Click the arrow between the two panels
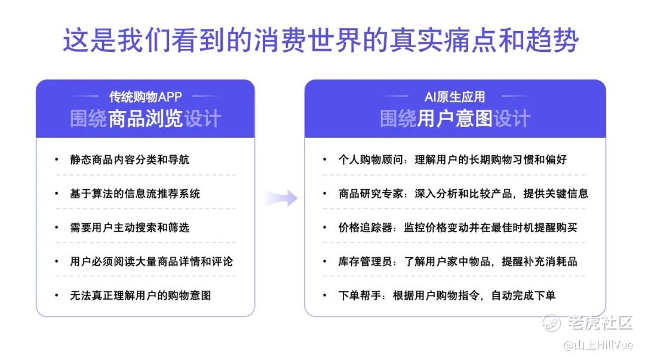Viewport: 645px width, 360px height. tap(281, 198)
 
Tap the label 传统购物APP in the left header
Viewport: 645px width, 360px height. tap(145, 97)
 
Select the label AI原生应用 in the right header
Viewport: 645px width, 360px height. tap(455, 97)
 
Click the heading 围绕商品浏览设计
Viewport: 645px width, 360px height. tap(146, 118)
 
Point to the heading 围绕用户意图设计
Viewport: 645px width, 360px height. tap(455, 118)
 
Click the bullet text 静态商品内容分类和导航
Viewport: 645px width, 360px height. tap(130, 159)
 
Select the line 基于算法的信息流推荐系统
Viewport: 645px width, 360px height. tap(135, 193)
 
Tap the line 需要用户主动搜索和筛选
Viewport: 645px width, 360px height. tap(130, 227)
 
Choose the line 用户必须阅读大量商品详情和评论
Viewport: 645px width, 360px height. tap(151, 261)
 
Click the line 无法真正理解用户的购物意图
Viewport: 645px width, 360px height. tap(140, 296)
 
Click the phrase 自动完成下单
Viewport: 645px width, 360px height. tap(523, 296)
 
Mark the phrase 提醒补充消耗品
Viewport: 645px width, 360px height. tap(539, 261)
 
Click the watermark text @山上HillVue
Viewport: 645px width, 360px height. tap(598, 345)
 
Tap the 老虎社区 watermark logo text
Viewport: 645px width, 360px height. tap(600, 322)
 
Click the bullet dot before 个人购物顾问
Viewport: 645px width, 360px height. tap(324, 159)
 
